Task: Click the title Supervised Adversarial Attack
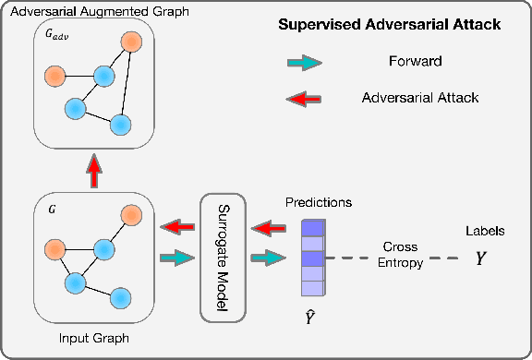[x=390, y=25]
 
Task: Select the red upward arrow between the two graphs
[x=92, y=169]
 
